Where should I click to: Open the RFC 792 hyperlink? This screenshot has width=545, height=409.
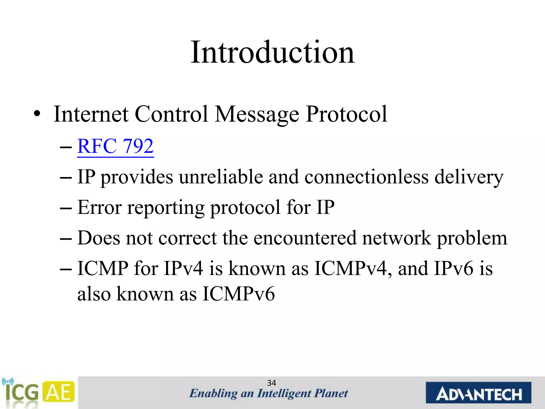[115, 146]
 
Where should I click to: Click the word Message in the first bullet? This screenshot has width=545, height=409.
[257, 114]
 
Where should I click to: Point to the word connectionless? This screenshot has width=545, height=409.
[366, 177]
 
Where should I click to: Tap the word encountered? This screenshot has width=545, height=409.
[305, 238]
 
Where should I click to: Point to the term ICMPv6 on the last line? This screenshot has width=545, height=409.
[238, 294]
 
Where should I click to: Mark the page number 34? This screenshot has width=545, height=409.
[271, 383]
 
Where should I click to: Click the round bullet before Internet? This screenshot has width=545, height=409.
[37, 114]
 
